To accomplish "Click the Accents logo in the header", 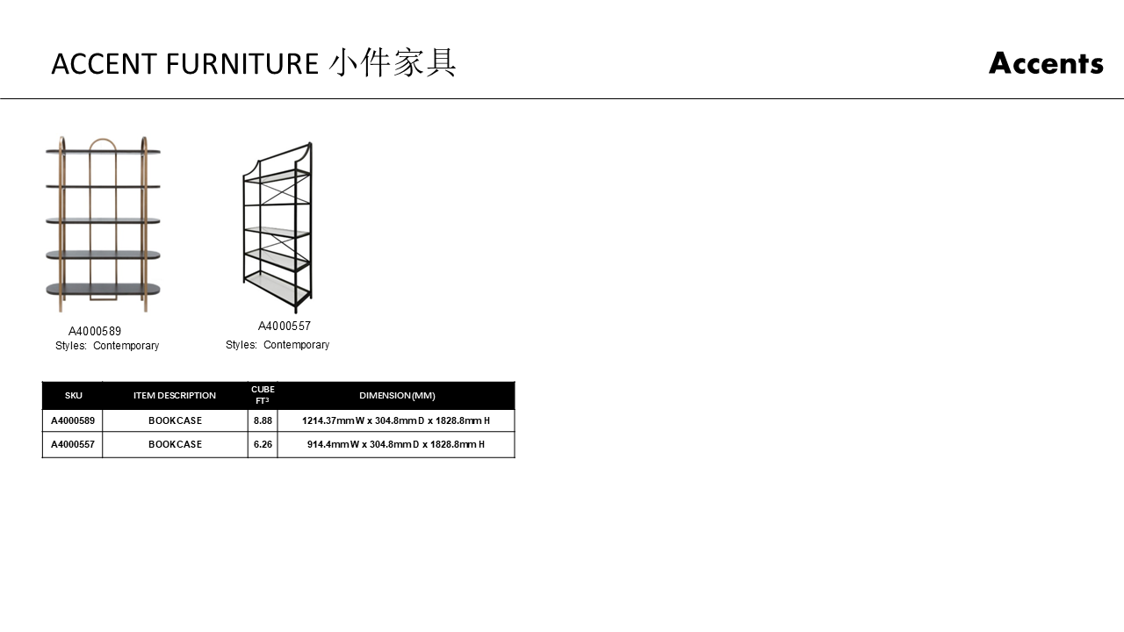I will pos(1045,63).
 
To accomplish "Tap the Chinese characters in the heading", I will pos(393,63).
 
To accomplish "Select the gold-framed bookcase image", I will pos(104,224).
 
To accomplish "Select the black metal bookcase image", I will pos(277,226).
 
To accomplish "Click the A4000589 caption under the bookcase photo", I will pos(95,332).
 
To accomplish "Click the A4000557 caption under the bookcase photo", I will pos(285,327).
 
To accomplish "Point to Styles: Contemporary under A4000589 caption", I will pos(107,346).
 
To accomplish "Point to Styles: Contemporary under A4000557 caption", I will pos(277,345).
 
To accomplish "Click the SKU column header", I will pos(73,396).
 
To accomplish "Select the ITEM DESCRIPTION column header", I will pos(175,396).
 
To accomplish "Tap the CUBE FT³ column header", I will pos(263,395).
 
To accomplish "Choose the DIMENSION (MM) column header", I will pos(397,396).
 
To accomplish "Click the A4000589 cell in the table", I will pos(73,421).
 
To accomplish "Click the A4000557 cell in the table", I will pos(73,445).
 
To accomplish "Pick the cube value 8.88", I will pos(263,421).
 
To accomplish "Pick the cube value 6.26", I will pos(263,445).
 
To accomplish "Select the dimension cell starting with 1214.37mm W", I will pos(396,421).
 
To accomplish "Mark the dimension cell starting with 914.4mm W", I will pos(396,445).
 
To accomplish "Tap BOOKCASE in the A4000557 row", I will pos(175,445).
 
